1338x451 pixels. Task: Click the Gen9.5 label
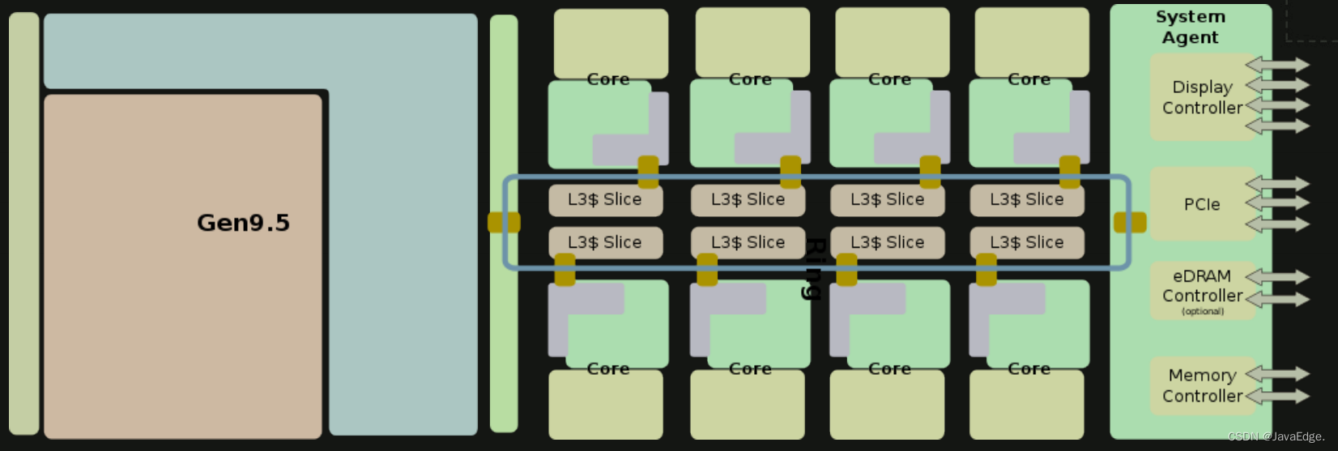(x=243, y=223)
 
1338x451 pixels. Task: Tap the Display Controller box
(x=1202, y=97)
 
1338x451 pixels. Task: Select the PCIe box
(x=1202, y=204)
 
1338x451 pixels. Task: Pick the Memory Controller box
(x=1202, y=385)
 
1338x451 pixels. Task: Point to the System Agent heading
(x=1190, y=27)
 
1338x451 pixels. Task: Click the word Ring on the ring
(x=814, y=269)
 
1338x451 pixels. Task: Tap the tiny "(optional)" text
(x=1203, y=312)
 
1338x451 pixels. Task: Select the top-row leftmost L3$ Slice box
(x=605, y=200)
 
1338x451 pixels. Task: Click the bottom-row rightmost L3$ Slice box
(x=1026, y=243)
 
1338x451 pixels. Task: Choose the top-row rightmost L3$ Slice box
(x=1026, y=200)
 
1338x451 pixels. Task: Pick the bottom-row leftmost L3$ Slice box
(x=605, y=243)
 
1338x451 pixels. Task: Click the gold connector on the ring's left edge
(x=504, y=222)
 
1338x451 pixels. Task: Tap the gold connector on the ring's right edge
(x=1130, y=222)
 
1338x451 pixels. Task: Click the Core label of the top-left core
(x=608, y=79)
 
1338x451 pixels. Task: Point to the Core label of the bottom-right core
(x=1029, y=368)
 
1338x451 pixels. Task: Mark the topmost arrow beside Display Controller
(x=1277, y=64)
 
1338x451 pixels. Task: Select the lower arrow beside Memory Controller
(x=1277, y=396)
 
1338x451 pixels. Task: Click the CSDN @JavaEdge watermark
(x=1276, y=437)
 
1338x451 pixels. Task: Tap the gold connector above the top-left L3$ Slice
(x=648, y=172)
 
